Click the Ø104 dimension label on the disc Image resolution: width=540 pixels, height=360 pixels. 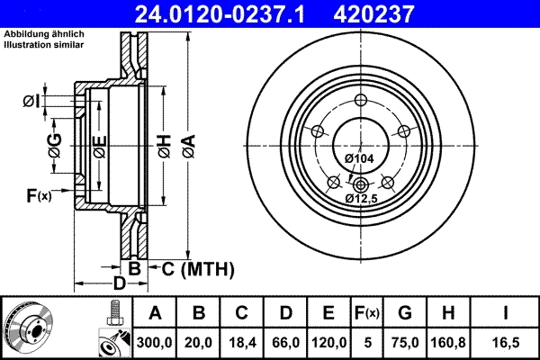[360, 159]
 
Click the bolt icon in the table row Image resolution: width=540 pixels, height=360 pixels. [113, 314]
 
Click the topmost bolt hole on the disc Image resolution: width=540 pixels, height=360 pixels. [360, 100]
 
